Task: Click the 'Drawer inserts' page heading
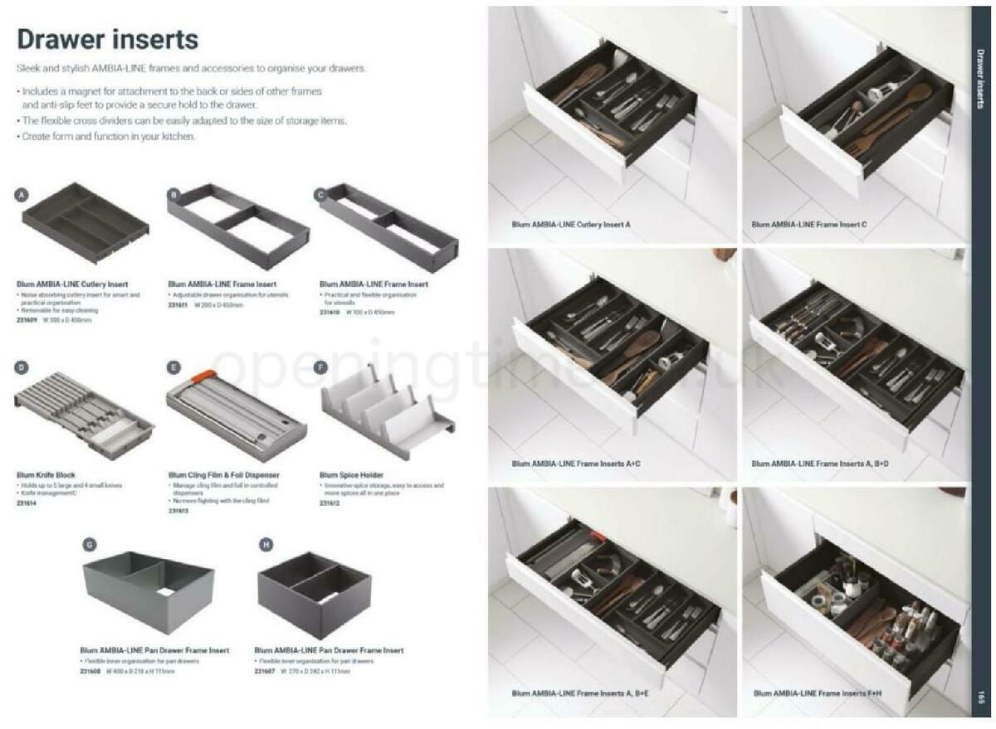(x=108, y=39)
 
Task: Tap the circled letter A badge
(x=22, y=195)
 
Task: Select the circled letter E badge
(x=173, y=367)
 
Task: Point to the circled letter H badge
(x=266, y=544)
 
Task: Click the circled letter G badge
(x=90, y=544)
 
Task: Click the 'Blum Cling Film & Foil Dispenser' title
(x=223, y=475)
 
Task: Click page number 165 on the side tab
(x=980, y=697)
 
